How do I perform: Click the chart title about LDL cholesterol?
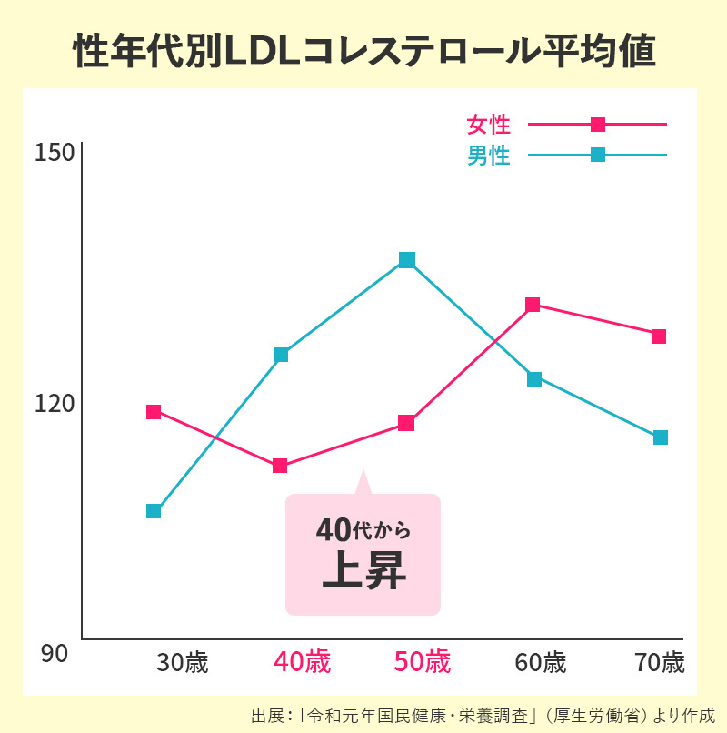[x=363, y=52]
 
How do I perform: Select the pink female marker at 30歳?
[x=154, y=412]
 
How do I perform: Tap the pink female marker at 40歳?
[x=280, y=466]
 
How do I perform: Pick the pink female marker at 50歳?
[x=406, y=423]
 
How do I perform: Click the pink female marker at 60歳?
[x=533, y=305]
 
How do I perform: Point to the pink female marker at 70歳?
[x=659, y=336]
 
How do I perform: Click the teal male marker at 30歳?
[x=154, y=511]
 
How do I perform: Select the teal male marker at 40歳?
[x=281, y=355]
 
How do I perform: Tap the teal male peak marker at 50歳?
[x=407, y=260]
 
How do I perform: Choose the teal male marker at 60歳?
[x=534, y=378]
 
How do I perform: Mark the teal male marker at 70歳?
[x=661, y=437]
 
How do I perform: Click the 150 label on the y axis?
[x=54, y=154]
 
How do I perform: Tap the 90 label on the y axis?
[x=54, y=653]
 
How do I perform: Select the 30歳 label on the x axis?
[x=183, y=663]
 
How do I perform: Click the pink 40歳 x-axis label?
[x=303, y=662]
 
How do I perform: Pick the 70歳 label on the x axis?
[x=660, y=663]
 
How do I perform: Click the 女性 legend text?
[x=488, y=124]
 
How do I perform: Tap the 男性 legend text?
[x=488, y=156]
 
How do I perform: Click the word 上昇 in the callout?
[x=363, y=573]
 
